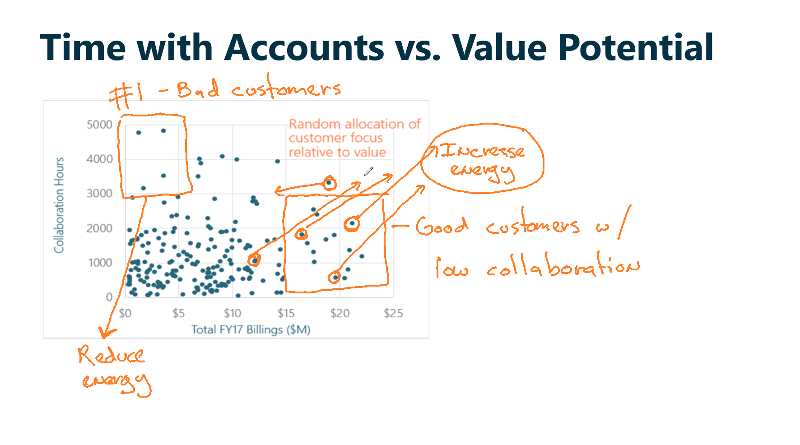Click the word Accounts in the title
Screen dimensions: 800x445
(304, 47)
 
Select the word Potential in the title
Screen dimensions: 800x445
(636, 47)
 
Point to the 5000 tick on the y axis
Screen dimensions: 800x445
(99, 125)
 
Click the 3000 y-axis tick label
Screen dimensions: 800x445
(99, 194)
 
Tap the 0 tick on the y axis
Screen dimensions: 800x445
(109, 297)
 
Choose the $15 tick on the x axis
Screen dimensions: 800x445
(286, 313)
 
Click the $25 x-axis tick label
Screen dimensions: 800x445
(393, 313)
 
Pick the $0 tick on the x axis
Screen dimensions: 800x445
(125, 313)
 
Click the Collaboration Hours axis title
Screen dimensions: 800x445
(59, 205)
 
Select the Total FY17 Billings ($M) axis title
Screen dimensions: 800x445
(251, 329)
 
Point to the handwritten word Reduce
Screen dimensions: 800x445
(111, 355)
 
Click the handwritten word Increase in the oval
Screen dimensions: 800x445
(483, 151)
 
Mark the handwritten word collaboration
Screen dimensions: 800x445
(563, 266)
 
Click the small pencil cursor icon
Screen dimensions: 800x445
(369, 171)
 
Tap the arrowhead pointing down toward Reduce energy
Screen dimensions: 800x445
(107, 333)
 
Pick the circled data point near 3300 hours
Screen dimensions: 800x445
(330, 183)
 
